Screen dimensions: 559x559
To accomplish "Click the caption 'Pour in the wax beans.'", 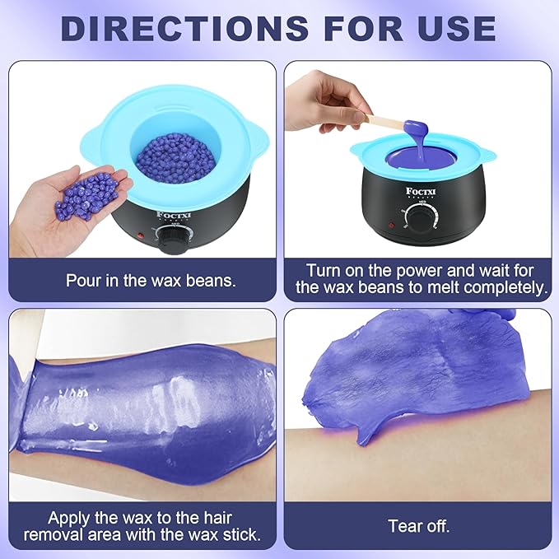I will [151, 280].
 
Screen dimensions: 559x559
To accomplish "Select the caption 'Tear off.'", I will [418, 525].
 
